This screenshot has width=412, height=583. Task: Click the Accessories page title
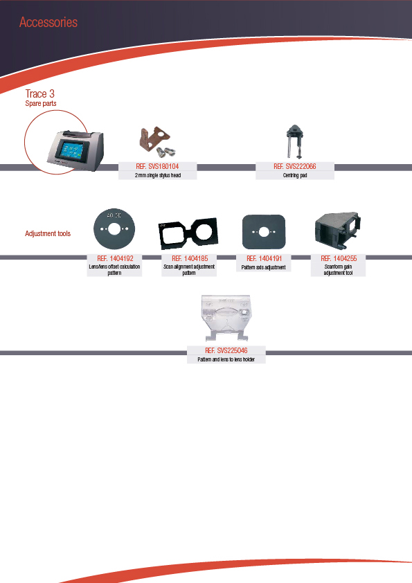point(48,22)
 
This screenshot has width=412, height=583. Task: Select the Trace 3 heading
point(39,93)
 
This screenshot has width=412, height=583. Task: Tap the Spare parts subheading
point(41,103)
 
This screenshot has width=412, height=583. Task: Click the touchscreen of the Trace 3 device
point(69,150)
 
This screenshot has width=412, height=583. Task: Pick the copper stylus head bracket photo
point(156,141)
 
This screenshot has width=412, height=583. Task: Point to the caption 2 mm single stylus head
point(158,175)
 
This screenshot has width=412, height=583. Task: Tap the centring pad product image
point(294,141)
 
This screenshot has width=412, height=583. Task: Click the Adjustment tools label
point(48,233)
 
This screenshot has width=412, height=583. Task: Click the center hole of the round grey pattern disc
point(114,229)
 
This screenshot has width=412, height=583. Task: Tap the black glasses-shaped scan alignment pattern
point(188,234)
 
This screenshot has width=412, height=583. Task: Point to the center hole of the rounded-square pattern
point(263,232)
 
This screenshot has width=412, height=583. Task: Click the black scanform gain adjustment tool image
point(338,231)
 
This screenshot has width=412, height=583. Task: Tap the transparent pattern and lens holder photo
point(226,318)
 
